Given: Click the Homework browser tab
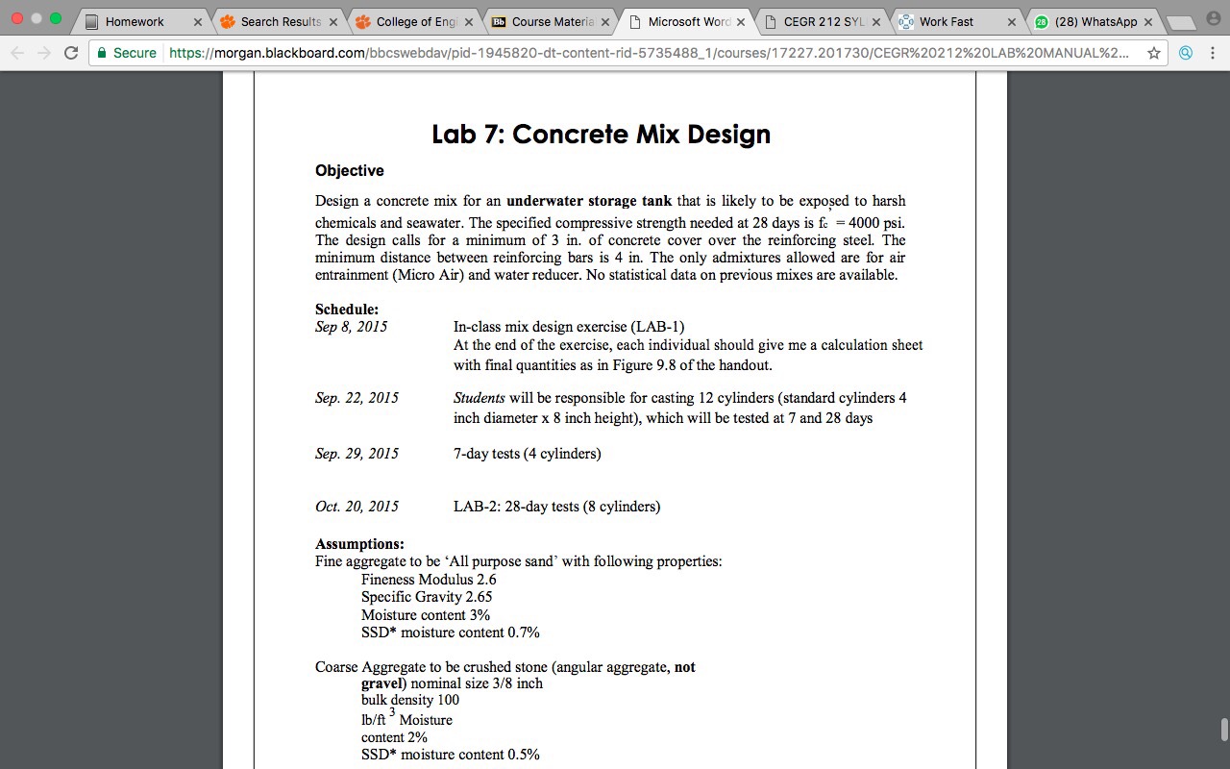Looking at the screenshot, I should tap(135, 21).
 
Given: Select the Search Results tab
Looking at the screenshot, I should tap(281, 21).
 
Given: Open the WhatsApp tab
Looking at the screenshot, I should tap(1095, 21).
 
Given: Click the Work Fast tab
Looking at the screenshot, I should tap(946, 21).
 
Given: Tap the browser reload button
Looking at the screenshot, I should tap(71, 53).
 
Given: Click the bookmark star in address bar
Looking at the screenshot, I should tap(1154, 53).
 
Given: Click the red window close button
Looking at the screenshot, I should tap(17, 18).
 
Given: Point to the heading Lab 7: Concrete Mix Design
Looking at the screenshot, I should tap(601, 134).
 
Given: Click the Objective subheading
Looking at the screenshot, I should tap(350, 170).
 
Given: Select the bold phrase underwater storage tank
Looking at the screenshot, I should tap(589, 201).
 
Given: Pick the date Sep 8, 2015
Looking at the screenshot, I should tap(351, 327).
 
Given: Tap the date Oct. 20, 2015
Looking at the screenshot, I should tap(357, 507).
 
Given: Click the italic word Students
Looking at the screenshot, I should tap(480, 398).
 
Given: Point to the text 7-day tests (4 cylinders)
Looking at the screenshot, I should tap(528, 454).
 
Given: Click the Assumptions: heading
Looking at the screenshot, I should tap(359, 544).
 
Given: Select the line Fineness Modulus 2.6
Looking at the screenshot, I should tap(429, 580).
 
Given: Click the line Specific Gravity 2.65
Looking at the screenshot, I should tap(427, 597).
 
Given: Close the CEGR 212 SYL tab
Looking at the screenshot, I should tap(875, 21).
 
